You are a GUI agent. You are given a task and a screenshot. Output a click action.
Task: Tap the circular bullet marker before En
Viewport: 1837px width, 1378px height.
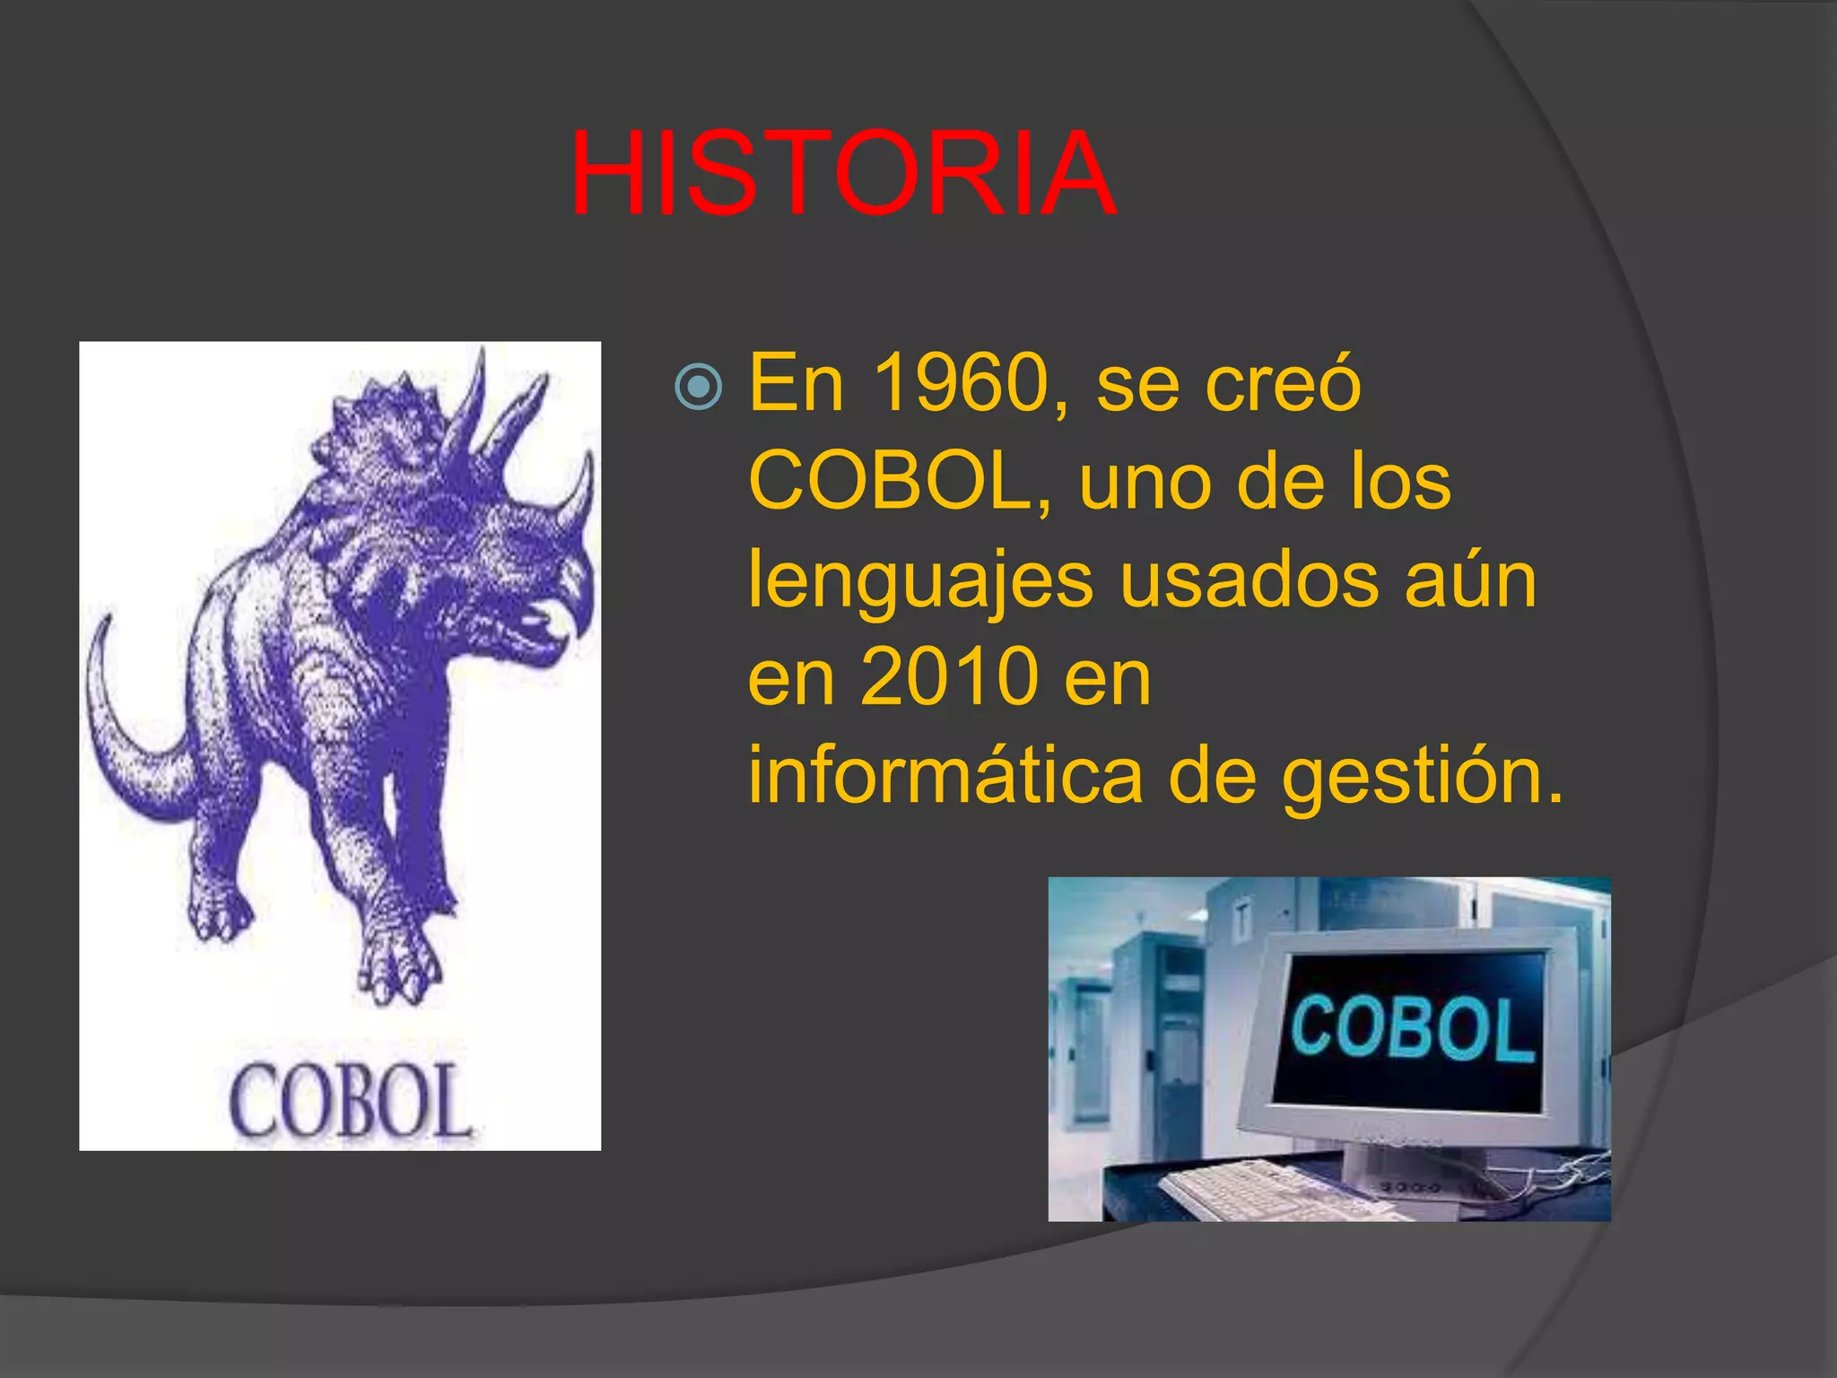698,388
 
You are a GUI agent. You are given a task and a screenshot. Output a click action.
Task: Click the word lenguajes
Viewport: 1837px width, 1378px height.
920,581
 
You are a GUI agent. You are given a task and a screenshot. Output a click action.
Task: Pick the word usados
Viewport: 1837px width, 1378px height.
1249,580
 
